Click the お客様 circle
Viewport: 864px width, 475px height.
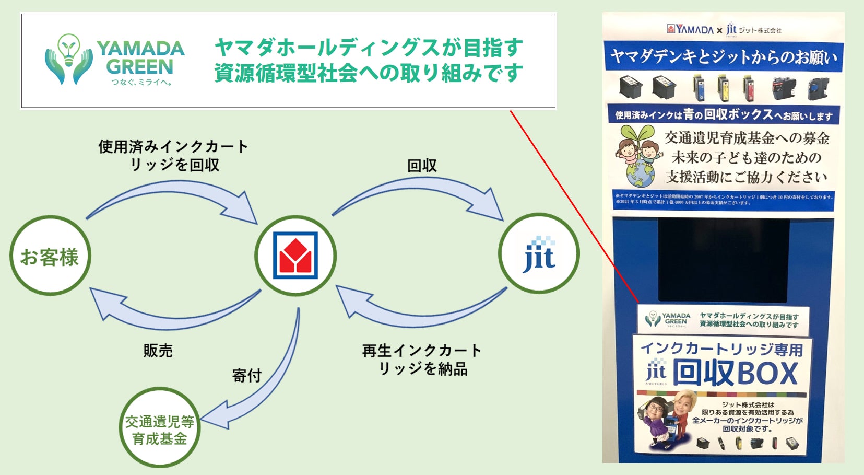(x=50, y=256)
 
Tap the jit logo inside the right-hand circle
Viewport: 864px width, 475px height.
(x=539, y=254)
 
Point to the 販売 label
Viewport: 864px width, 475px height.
(x=158, y=351)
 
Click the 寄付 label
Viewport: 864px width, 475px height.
(x=246, y=375)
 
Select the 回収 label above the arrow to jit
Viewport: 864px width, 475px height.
(x=422, y=166)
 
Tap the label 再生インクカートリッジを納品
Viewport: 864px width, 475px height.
(x=422, y=360)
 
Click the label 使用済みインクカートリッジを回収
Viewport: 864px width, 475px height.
(x=173, y=155)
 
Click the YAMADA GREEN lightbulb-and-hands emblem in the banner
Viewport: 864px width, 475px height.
(x=68, y=59)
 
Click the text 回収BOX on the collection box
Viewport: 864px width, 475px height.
(x=735, y=373)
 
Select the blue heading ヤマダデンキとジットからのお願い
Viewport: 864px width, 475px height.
(x=723, y=56)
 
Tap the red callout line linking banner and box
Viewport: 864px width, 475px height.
(x=574, y=206)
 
